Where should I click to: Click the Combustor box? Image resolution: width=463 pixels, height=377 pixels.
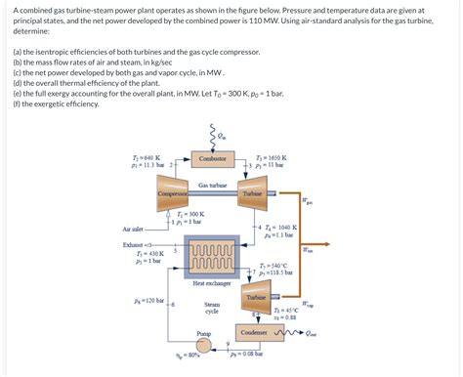coord(212,158)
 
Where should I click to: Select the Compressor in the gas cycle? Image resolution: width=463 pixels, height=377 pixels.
coord(172,194)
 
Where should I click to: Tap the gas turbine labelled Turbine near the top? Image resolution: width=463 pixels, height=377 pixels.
coord(254,194)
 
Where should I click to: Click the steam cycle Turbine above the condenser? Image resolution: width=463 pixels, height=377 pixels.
coord(256,298)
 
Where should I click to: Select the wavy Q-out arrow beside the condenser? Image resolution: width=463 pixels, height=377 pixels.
coord(292,332)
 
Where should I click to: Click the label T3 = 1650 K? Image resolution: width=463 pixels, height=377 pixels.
coord(271,156)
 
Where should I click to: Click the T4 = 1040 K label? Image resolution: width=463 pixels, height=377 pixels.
coord(278,227)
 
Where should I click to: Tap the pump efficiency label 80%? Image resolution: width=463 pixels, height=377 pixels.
coord(193,356)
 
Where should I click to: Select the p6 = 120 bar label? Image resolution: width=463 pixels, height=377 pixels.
coord(149,300)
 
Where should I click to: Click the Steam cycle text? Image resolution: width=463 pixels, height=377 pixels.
coord(212,307)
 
